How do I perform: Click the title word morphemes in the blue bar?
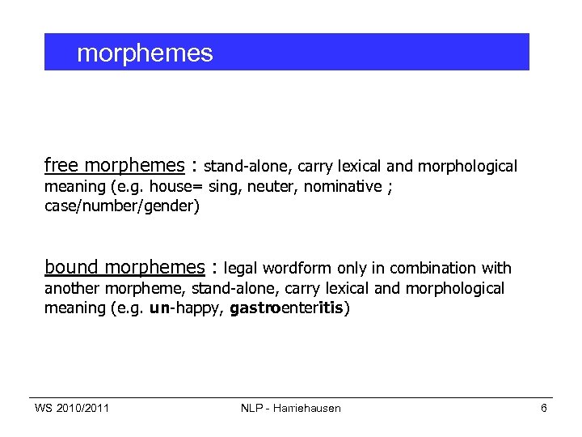(x=145, y=53)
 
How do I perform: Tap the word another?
(x=70, y=289)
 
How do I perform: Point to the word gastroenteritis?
(x=289, y=308)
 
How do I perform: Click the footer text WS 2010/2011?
(x=72, y=408)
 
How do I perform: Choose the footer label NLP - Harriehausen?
(x=290, y=408)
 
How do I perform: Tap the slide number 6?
(x=544, y=408)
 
